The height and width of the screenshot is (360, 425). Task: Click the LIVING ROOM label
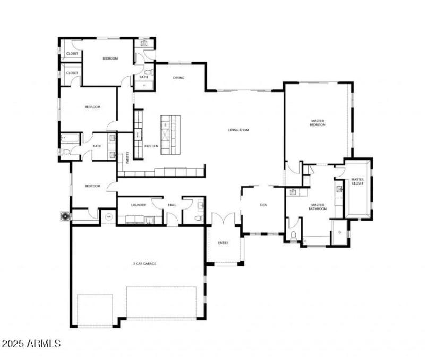click(239, 130)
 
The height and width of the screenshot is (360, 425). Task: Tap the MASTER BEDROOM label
click(317, 123)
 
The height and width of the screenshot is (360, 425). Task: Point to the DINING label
click(178, 78)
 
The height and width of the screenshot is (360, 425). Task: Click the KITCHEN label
click(151, 146)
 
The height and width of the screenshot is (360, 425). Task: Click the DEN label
click(263, 205)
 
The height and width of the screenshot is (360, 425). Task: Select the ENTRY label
click(223, 243)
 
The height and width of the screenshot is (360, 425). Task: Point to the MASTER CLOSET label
click(358, 182)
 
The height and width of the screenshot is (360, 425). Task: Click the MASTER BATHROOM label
click(318, 207)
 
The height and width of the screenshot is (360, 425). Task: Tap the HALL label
click(172, 205)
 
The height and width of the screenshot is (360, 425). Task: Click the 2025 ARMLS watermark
click(31, 344)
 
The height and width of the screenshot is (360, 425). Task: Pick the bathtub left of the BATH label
click(70, 139)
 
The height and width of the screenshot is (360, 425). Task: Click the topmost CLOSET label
click(72, 54)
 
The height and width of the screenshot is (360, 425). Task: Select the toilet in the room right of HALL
click(199, 218)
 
